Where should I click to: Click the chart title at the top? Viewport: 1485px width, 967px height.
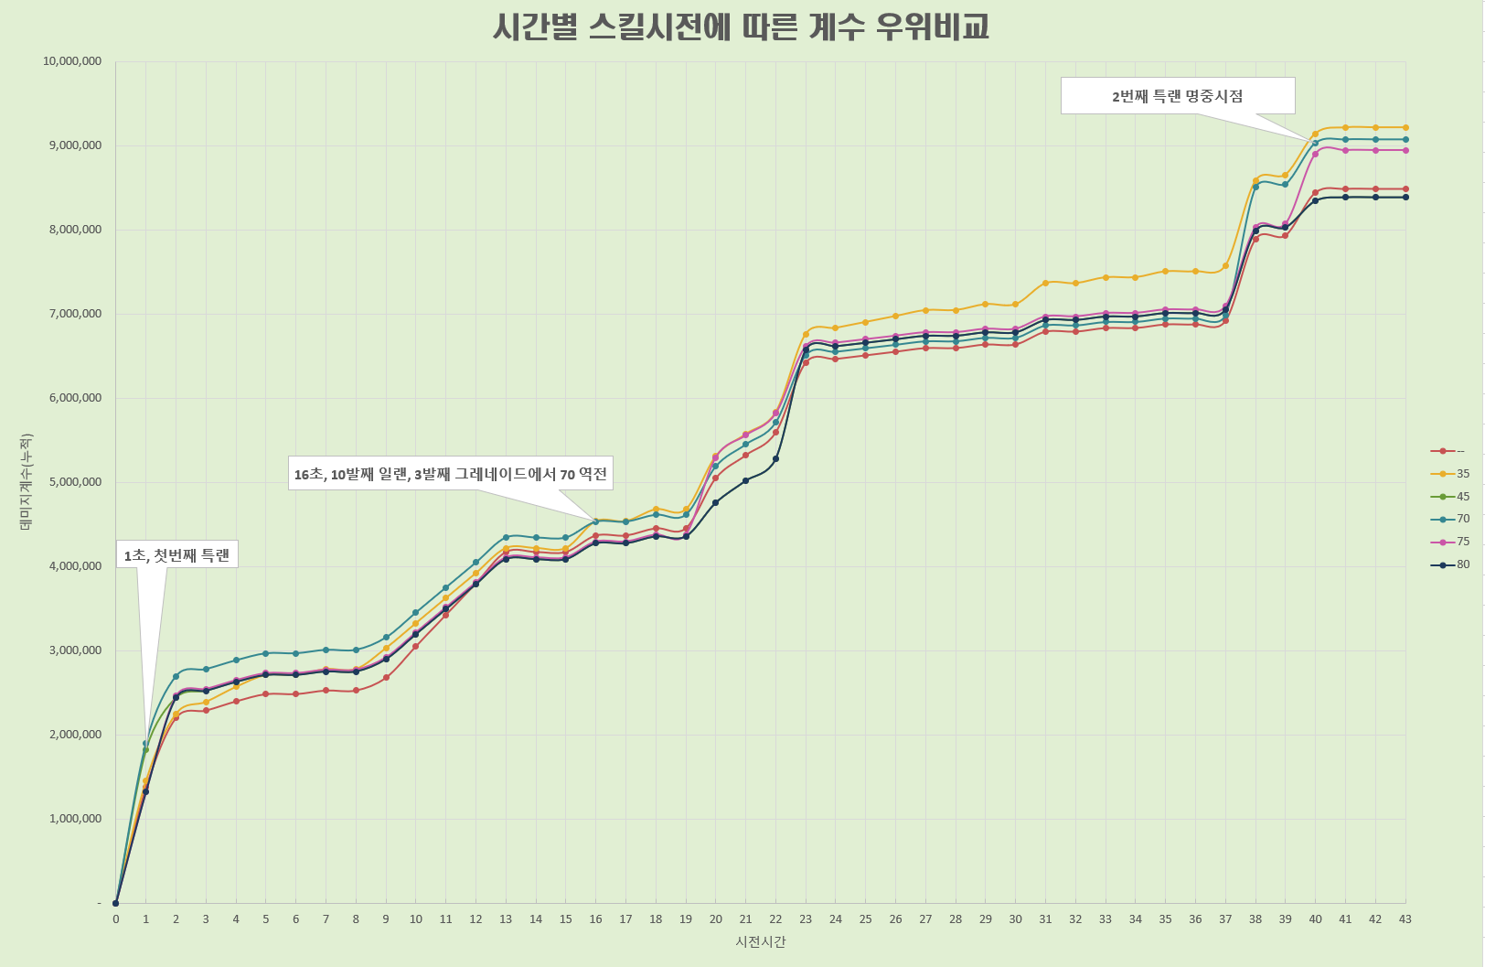tap(741, 27)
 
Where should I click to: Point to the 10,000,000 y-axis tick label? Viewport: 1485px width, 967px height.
tap(72, 61)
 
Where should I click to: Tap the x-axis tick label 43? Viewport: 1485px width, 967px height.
tap(1405, 919)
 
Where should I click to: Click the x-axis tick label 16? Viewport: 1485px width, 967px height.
tap(595, 919)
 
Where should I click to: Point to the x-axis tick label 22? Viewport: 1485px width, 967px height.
tap(775, 919)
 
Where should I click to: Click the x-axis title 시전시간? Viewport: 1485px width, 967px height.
tap(761, 941)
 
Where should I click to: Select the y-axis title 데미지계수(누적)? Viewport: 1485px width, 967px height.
tap(26, 482)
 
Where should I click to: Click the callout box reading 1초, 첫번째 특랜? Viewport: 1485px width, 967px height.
tap(176, 554)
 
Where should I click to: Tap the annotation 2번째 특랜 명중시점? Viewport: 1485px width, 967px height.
tap(1177, 96)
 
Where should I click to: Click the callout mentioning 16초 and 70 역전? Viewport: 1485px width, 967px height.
tap(450, 473)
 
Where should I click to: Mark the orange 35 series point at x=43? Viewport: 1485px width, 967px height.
tap(1405, 128)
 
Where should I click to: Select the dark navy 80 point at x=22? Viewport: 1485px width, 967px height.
tap(775, 458)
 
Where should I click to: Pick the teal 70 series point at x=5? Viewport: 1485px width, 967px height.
tap(265, 653)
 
